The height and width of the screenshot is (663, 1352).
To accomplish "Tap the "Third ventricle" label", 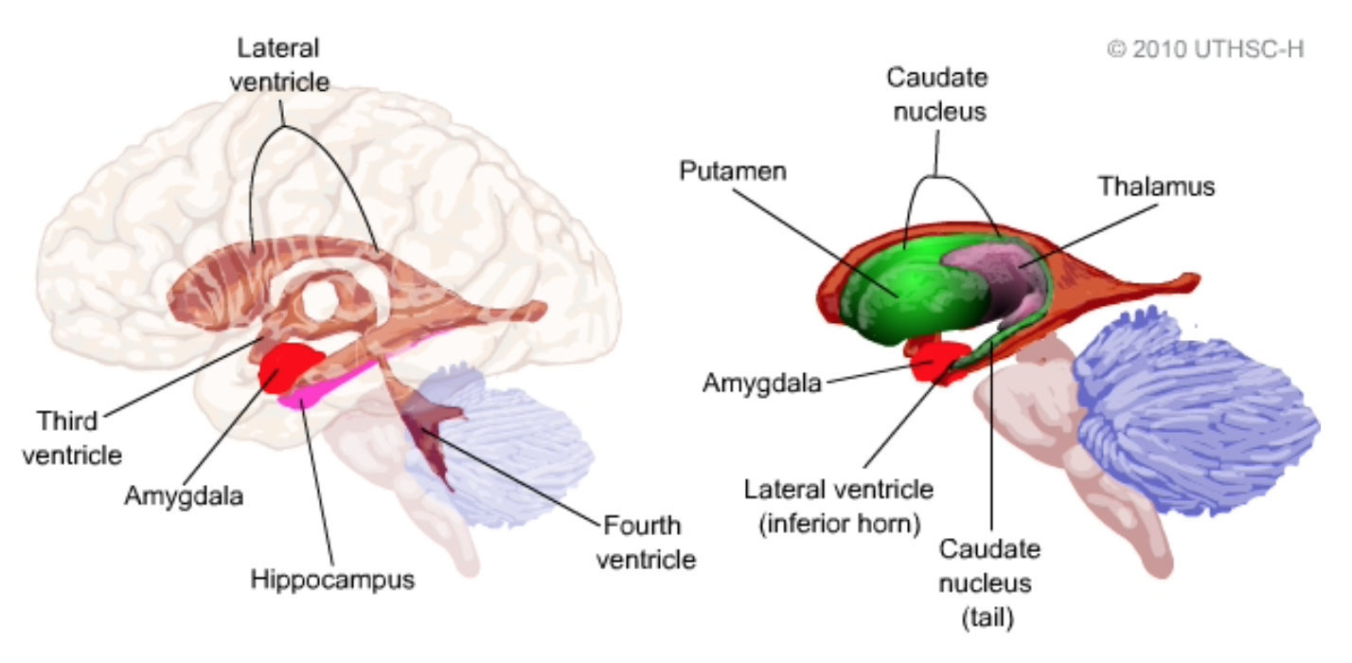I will click(72, 437).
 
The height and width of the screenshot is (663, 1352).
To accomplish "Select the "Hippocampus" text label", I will click(332, 579).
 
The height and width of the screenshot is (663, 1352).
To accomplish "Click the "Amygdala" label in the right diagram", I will click(761, 384).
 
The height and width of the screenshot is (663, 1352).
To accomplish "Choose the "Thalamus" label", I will click(1156, 186).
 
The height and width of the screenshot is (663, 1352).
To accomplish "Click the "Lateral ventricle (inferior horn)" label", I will click(839, 507).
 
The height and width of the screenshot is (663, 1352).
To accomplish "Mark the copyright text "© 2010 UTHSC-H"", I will click(1204, 49).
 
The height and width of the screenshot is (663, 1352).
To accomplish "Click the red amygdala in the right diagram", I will click(933, 361).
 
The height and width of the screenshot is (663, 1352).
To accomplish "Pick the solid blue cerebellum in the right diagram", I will click(1193, 407).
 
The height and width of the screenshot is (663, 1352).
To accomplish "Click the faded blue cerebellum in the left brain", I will click(521, 445).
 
